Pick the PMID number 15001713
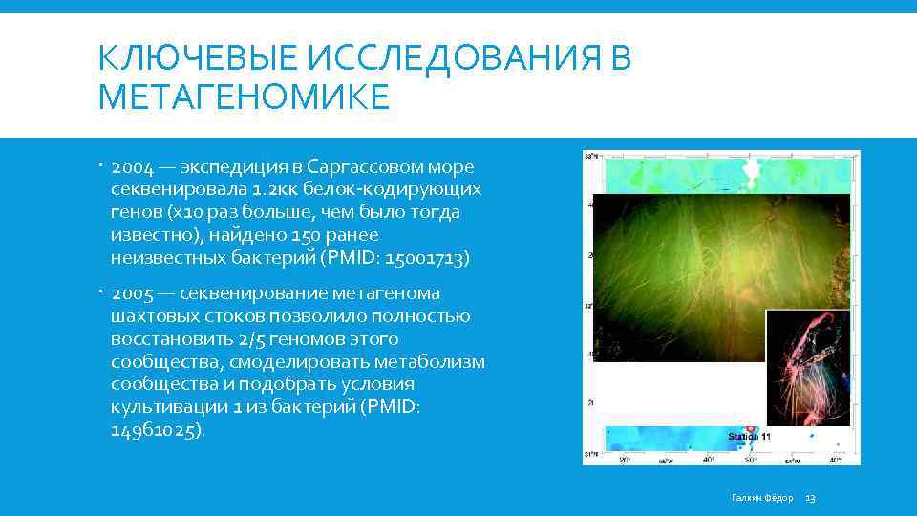[426, 258]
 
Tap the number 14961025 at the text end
[155, 430]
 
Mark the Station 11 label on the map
[750, 437]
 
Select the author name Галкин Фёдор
[762, 498]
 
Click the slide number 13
[811, 498]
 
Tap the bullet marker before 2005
[101, 291]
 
